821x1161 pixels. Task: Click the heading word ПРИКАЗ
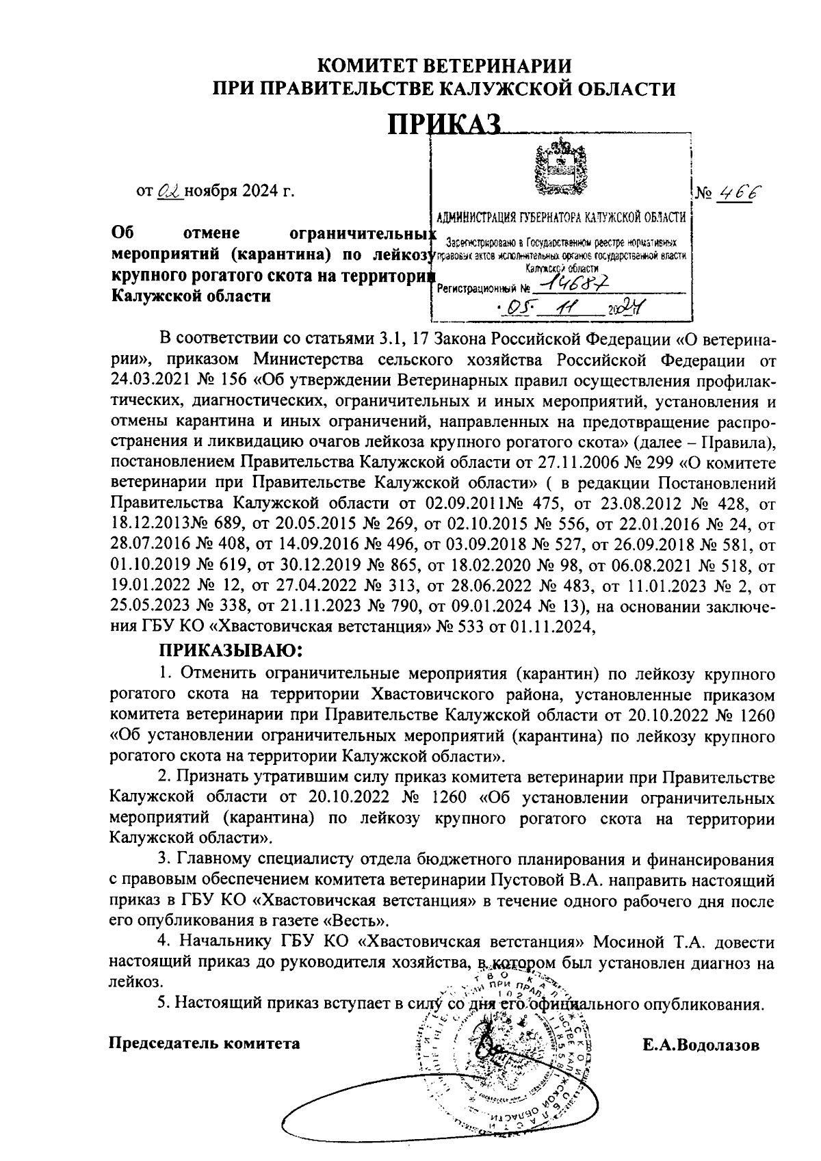[445, 125]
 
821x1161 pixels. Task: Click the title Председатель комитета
[205, 1043]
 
